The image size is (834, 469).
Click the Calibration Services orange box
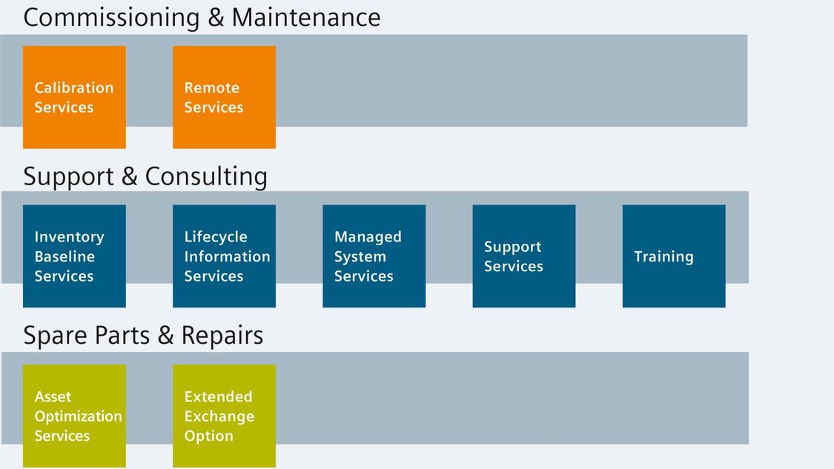pos(74,97)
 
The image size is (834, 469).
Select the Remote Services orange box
pos(224,97)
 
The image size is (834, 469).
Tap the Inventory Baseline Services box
pos(74,256)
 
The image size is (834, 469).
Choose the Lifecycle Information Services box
pos(224,256)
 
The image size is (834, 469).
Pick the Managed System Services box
pos(374,256)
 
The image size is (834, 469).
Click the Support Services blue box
pos(524,256)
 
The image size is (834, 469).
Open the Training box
pos(674,256)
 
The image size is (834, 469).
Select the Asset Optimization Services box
pos(74,416)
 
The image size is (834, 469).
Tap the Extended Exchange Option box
pos(224,416)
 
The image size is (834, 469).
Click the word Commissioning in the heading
pos(112,18)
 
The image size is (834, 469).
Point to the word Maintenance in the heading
pos(306,17)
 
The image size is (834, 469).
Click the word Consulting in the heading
pos(206,177)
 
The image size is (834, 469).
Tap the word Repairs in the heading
pos(222,336)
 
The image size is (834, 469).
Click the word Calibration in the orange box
pos(74,87)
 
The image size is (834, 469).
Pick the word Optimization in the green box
pos(78,417)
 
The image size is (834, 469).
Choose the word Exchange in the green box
pos(219,417)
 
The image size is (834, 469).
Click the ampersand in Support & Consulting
pos(129,176)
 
